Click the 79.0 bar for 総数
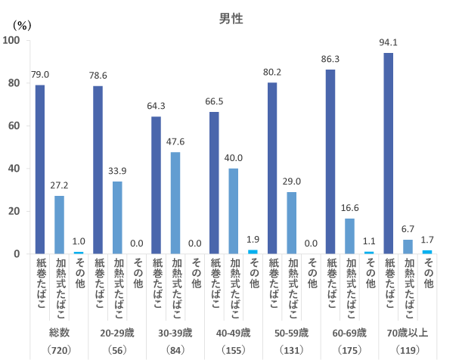coord(40,169)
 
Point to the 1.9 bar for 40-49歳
coord(253,252)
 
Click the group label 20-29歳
coord(117,332)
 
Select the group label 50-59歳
coord(291,332)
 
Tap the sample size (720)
coord(59,350)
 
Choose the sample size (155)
coord(233,350)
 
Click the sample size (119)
coord(407,350)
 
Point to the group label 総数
coord(59,332)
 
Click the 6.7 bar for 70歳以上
coord(408,247)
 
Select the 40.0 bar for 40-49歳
coord(234,211)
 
